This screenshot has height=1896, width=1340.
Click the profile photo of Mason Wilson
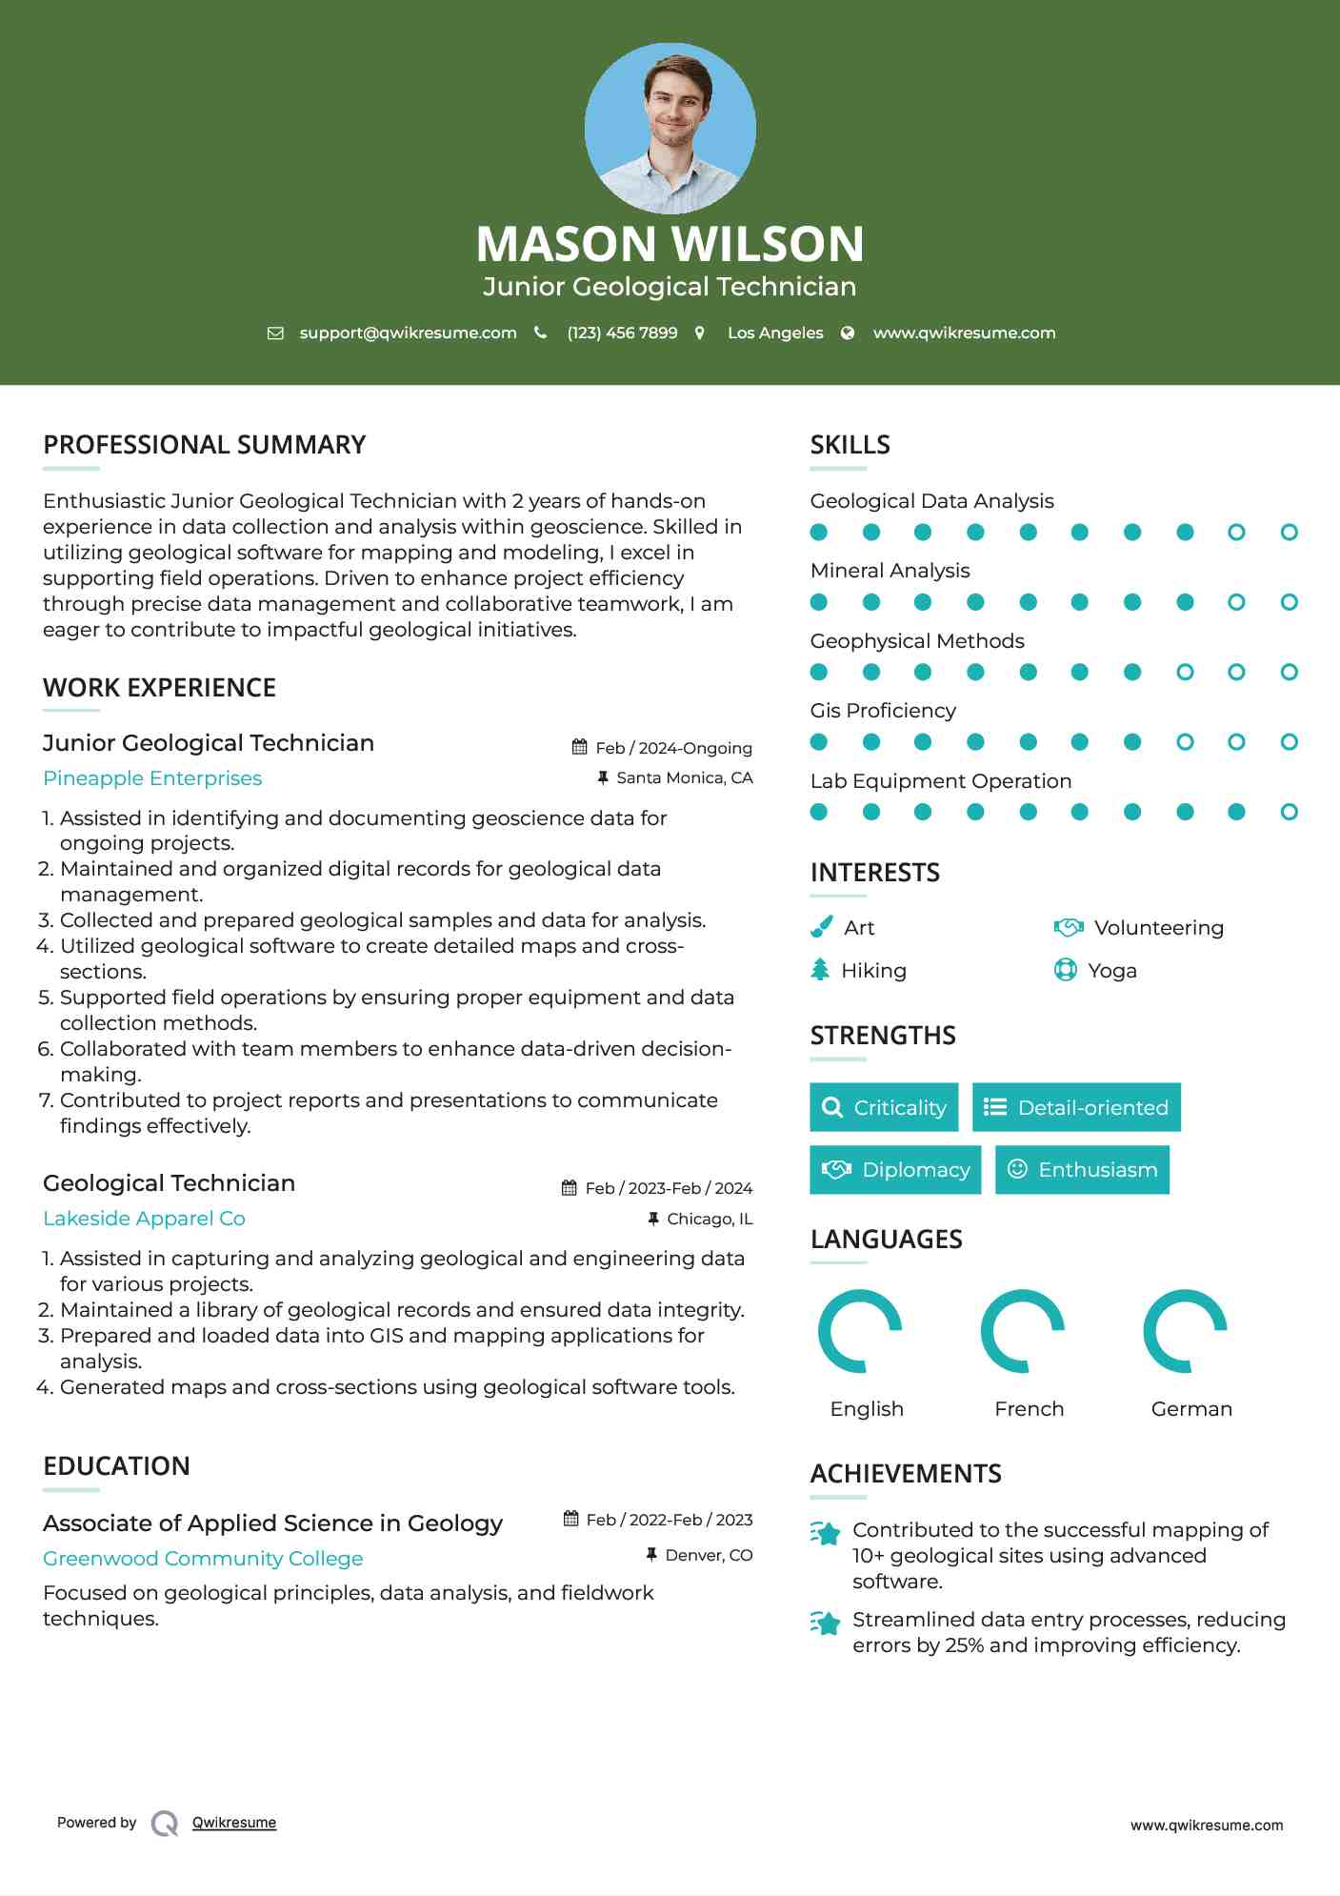coord(670,128)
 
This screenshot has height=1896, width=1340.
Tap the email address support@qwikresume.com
coord(408,333)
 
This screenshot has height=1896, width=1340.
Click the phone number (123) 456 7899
coord(622,333)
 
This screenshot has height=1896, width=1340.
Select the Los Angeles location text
coord(774,333)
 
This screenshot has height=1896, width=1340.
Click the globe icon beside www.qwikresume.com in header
coord(848,333)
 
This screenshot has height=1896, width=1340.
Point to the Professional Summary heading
coord(204,445)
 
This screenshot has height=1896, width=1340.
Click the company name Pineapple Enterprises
coord(152,778)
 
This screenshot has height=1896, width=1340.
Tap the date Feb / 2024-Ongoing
coord(672,748)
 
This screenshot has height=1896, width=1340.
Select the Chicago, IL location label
coord(709,1219)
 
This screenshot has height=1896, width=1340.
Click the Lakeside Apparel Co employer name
coord(144,1219)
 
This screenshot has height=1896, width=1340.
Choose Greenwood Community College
coord(203,1559)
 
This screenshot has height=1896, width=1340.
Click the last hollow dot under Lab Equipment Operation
coord(1289,812)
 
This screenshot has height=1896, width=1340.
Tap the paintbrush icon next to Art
coord(821,927)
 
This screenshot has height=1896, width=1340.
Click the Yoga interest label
coord(1111,971)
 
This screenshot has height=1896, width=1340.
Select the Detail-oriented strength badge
coord(1076,1107)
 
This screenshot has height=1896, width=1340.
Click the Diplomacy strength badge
coord(895,1170)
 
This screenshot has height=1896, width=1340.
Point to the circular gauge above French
coord(1023,1331)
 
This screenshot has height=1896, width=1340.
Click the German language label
coord(1190,1409)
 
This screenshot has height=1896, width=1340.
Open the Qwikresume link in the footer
coord(234,1823)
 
